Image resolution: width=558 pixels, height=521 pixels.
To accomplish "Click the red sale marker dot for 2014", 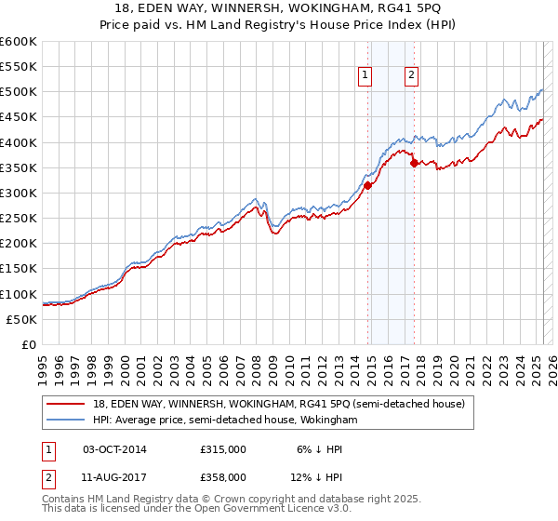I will (367, 185).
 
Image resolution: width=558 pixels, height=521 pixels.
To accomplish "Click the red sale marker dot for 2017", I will (415, 163).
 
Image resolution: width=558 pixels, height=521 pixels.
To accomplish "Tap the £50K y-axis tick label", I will (21, 319).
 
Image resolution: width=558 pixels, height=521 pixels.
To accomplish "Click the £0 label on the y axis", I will (30, 344).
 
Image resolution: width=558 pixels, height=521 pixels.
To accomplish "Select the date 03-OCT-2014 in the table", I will (114, 448).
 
